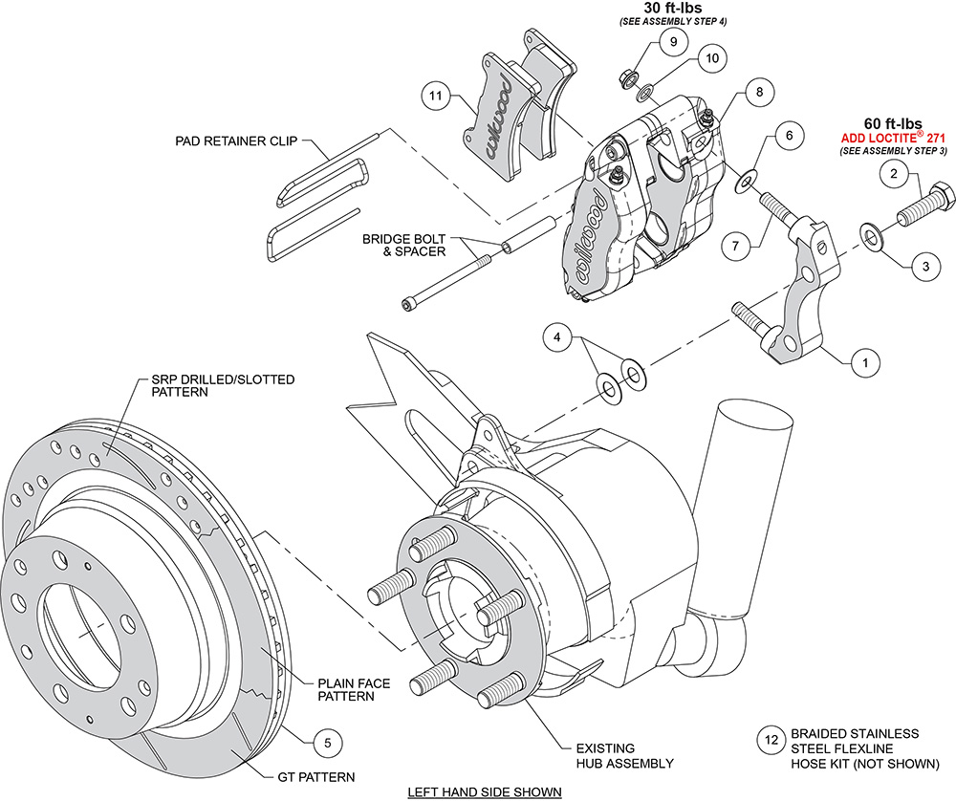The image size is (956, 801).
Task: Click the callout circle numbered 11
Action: [436, 96]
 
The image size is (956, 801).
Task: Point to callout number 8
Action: [759, 93]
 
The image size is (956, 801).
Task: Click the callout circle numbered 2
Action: [892, 173]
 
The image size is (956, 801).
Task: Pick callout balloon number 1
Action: [865, 362]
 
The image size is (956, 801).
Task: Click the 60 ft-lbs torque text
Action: [892, 122]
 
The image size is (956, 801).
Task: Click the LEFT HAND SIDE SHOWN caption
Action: [484, 791]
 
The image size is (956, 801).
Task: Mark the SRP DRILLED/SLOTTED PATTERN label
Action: [207, 385]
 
